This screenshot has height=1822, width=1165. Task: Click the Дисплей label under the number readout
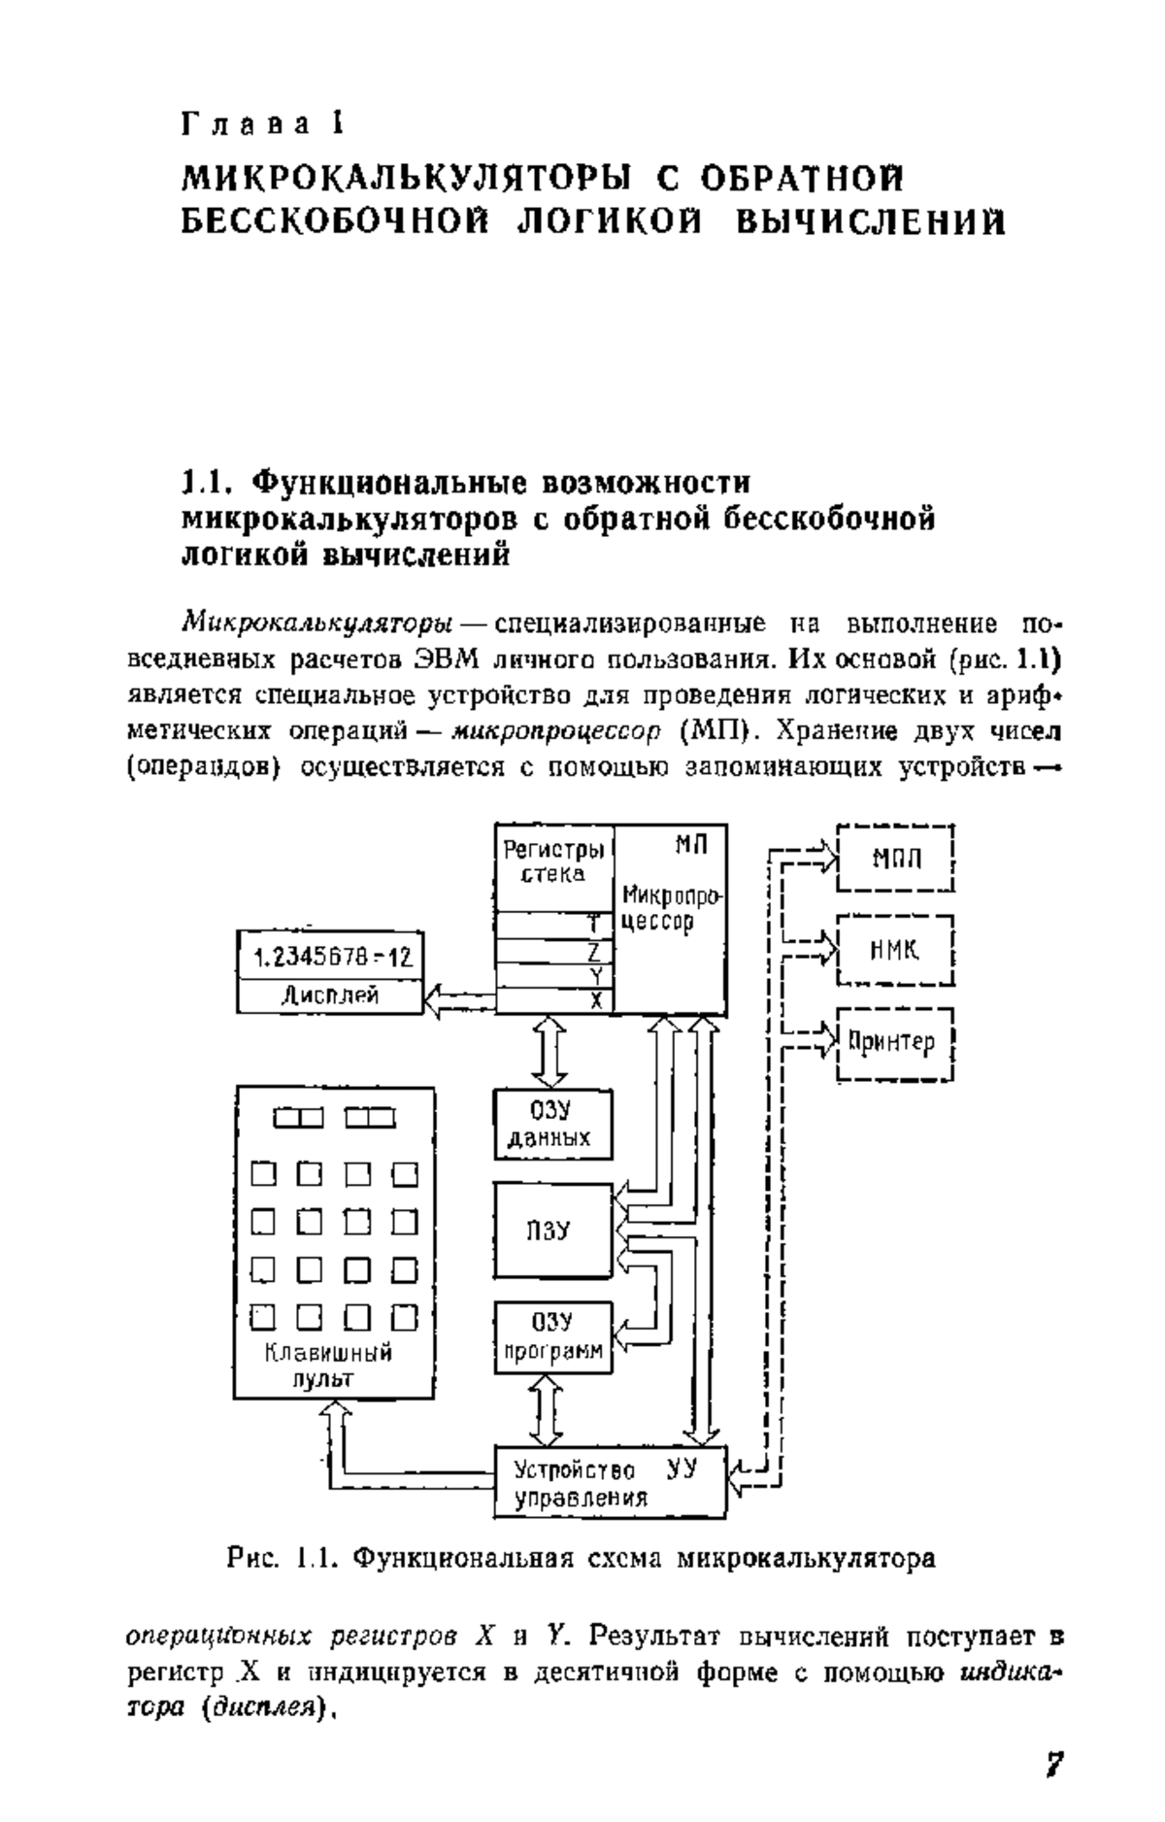pyautogui.click(x=330, y=995)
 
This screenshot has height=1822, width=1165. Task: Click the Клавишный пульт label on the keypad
pyautogui.click(x=329, y=1365)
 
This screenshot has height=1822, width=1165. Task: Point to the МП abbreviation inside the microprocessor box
pyautogui.click(x=692, y=845)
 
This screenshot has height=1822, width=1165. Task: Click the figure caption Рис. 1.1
pyautogui.click(x=582, y=1559)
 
